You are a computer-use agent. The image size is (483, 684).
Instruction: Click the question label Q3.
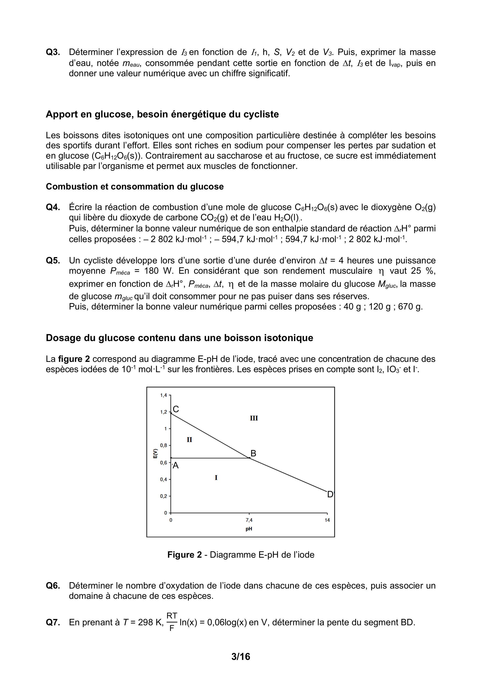point(53,52)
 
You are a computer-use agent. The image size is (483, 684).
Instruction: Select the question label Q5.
point(53,260)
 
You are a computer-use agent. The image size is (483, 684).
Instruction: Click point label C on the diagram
point(176,409)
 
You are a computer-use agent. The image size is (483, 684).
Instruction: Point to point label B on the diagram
point(253,453)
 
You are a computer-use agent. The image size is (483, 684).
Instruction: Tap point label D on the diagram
point(330,495)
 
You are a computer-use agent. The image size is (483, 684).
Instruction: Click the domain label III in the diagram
point(254,418)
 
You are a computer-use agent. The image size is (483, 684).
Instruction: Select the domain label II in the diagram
point(189,440)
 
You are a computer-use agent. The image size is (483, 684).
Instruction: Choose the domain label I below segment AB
point(216,478)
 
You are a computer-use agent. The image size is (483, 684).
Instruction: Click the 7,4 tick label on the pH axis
point(249,520)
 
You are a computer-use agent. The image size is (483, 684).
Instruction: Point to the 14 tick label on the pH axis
point(327,520)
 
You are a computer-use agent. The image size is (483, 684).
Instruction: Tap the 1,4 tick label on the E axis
point(163,395)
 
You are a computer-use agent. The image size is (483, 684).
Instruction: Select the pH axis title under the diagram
point(249,529)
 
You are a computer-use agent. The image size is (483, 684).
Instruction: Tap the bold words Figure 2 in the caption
point(185,555)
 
